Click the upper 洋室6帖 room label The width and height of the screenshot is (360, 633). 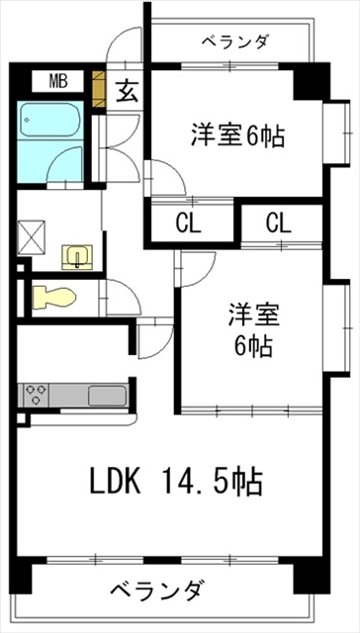236,136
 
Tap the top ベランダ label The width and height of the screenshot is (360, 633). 233,42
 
